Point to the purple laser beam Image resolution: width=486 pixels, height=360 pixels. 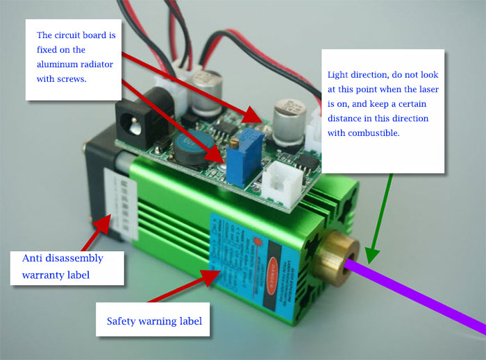pos(424,291)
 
